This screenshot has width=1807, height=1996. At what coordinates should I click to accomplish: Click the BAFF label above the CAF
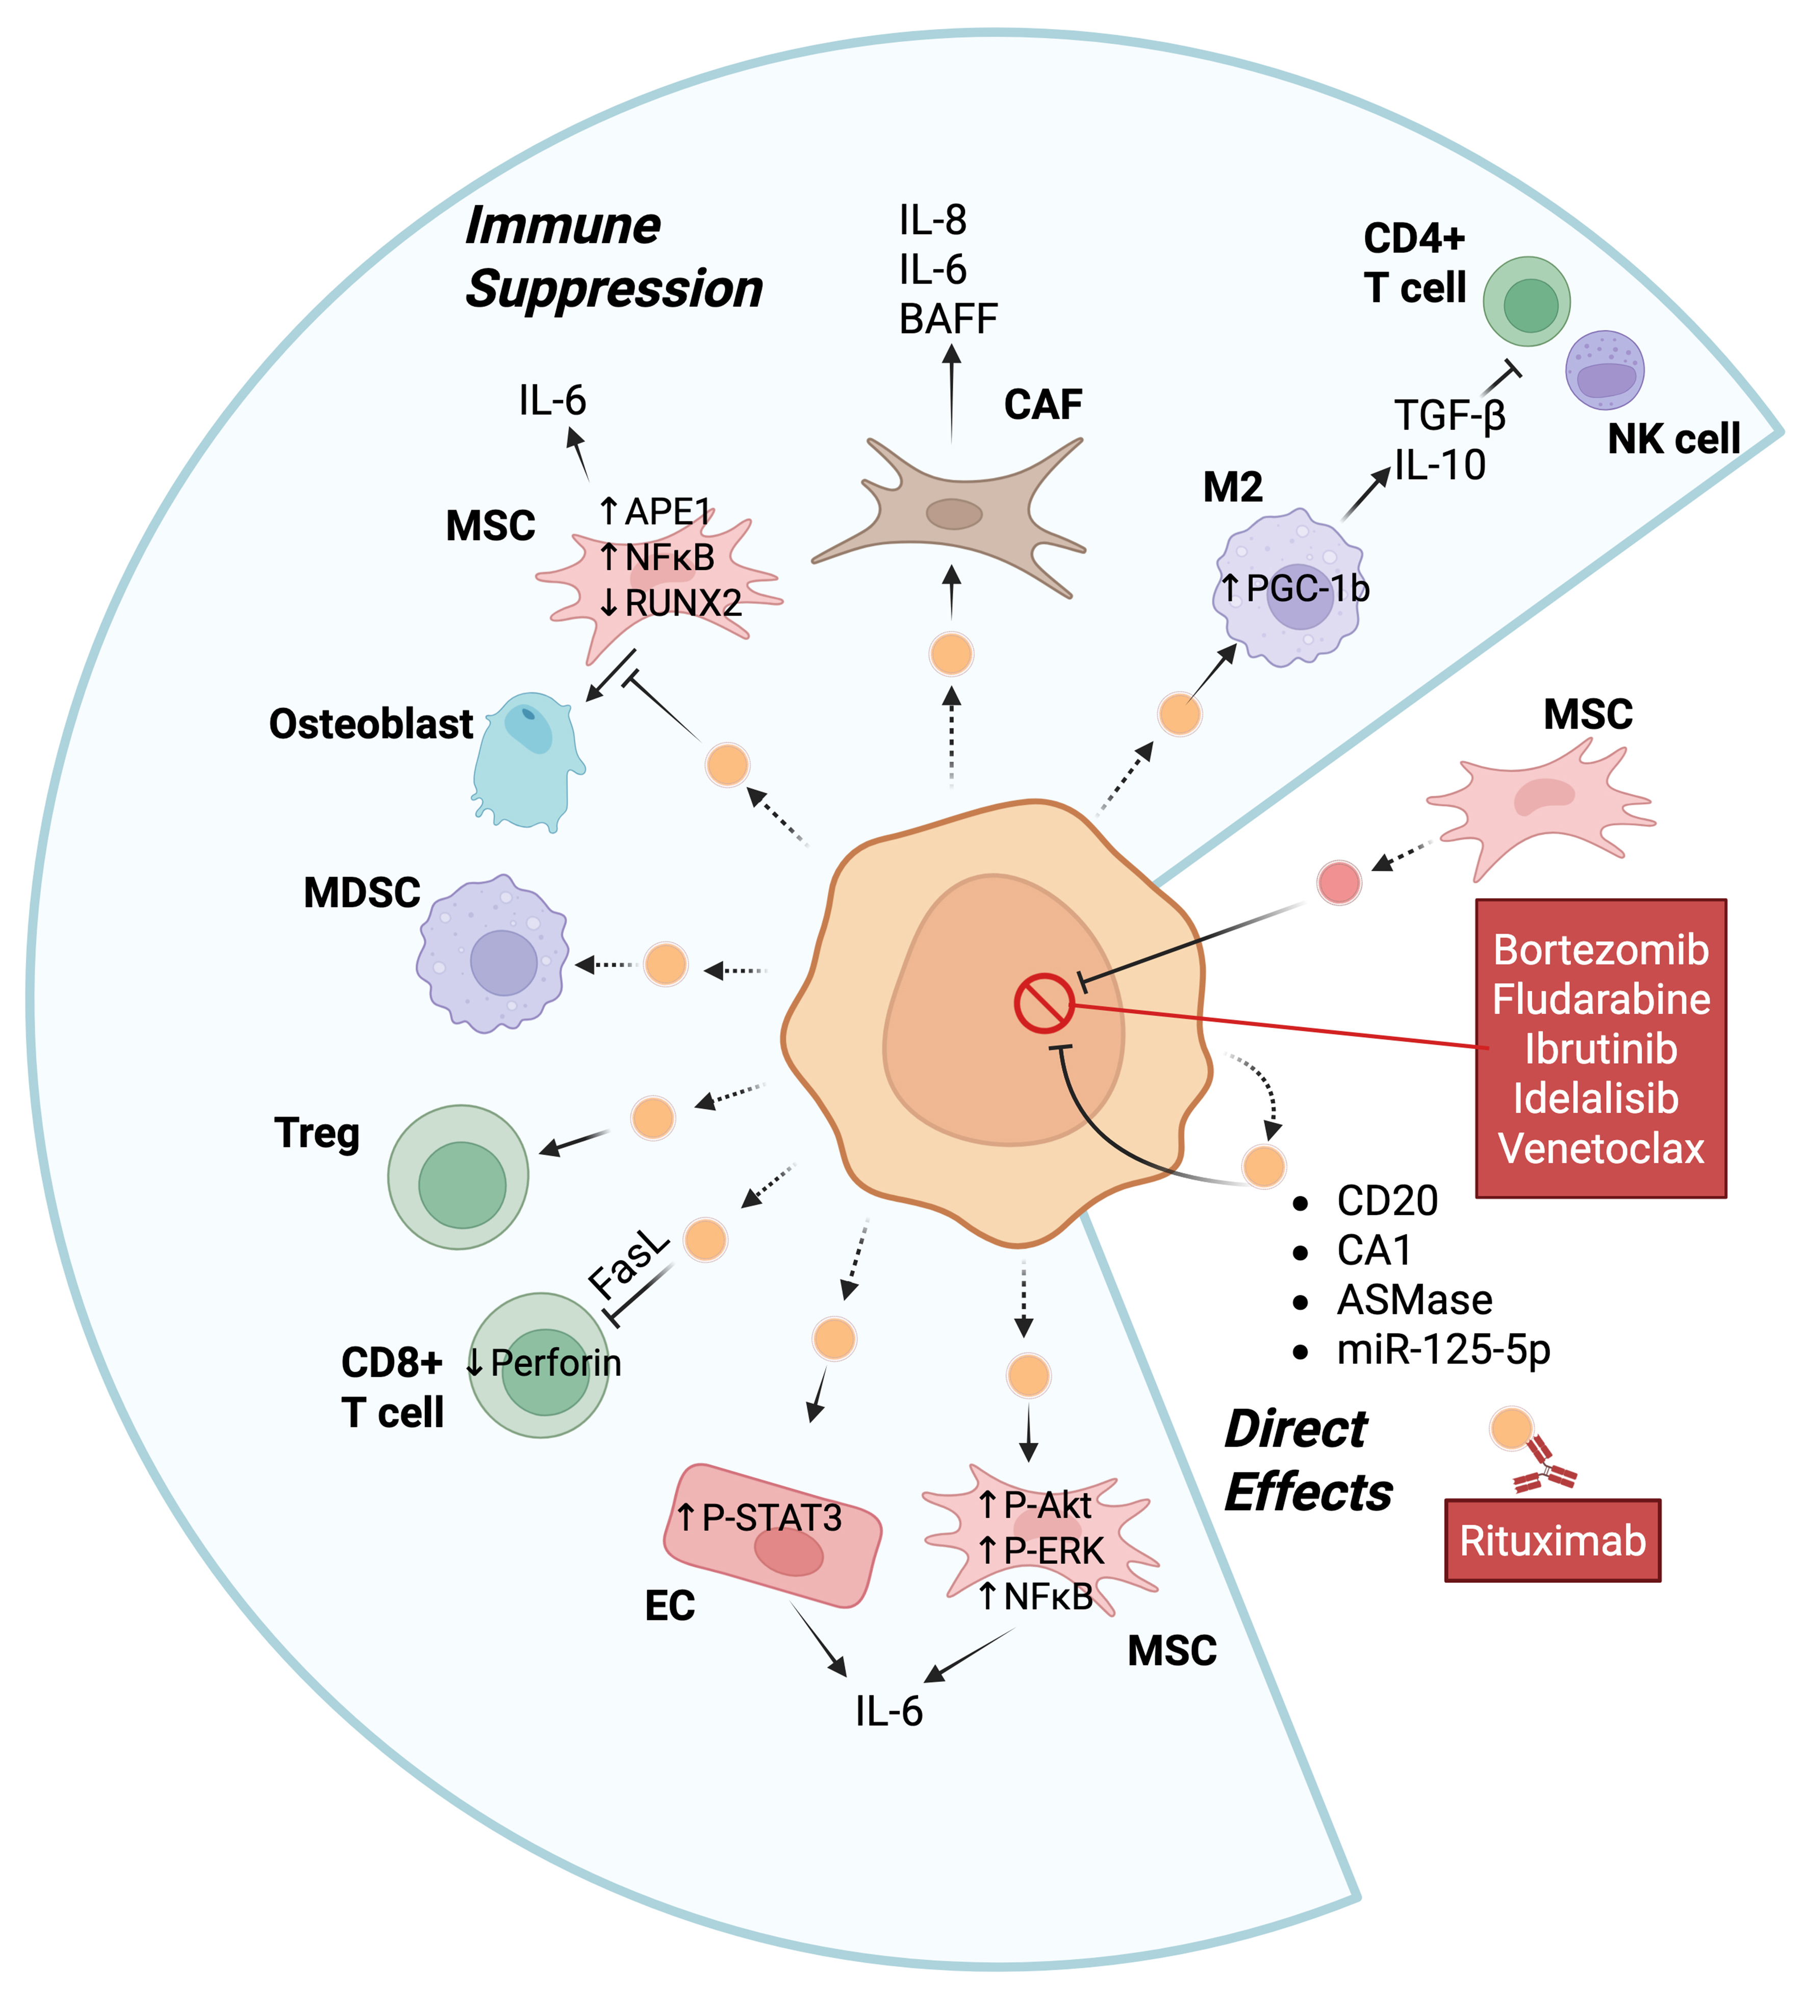(948, 319)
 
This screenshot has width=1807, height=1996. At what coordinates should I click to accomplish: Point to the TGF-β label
(1448, 415)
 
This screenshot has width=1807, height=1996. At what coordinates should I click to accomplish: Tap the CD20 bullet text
(1386, 1201)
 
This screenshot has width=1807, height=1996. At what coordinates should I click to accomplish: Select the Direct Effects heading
(1307, 1461)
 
